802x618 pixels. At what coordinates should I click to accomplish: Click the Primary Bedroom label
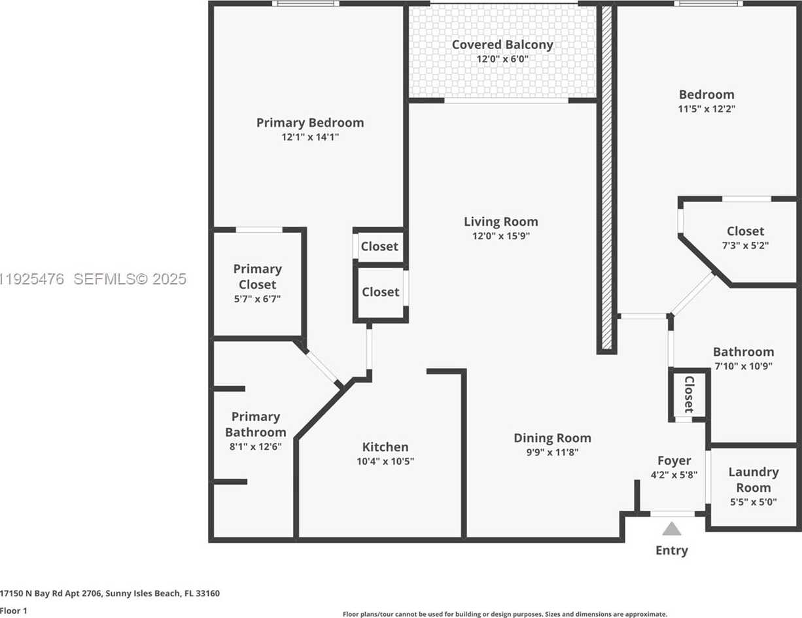[x=309, y=122]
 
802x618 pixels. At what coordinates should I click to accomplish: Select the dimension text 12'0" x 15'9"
[x=500, y=236]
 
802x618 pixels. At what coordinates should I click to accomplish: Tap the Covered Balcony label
[x=502, y=44]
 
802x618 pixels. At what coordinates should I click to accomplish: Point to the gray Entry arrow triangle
[x=672, y=528]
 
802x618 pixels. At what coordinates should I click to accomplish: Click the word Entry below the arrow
[x=672, y=551]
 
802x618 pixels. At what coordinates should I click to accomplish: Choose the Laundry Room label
[x=753, y=479]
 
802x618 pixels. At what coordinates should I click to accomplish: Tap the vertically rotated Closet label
[x=689, y=394]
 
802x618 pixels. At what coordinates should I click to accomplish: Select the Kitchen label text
[x=385, y=447]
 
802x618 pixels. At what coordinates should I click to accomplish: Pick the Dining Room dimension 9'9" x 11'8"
[x=551, y=452]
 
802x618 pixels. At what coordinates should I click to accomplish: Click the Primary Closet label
[x=258, y=277]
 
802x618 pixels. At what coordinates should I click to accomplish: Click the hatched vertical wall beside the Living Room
[x=606, y=177]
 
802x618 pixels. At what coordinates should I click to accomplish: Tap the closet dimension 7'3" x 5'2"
[x=745, y=245]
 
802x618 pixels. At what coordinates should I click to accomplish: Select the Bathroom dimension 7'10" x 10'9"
[x=743, y=366]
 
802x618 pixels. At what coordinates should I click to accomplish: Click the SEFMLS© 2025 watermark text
[x=130, y=279]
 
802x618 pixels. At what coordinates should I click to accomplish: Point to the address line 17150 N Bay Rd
[x=110, y=594]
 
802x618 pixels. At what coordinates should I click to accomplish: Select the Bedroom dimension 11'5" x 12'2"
[x=706, y=109]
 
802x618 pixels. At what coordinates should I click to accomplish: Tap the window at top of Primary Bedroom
[x=305, y=4]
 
